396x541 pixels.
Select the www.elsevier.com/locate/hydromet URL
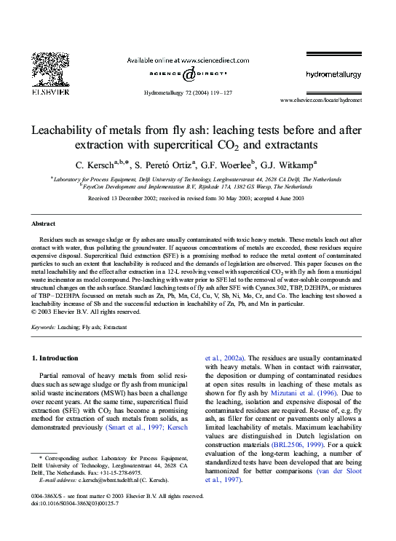pyautogui.click(x=320, y=100)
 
